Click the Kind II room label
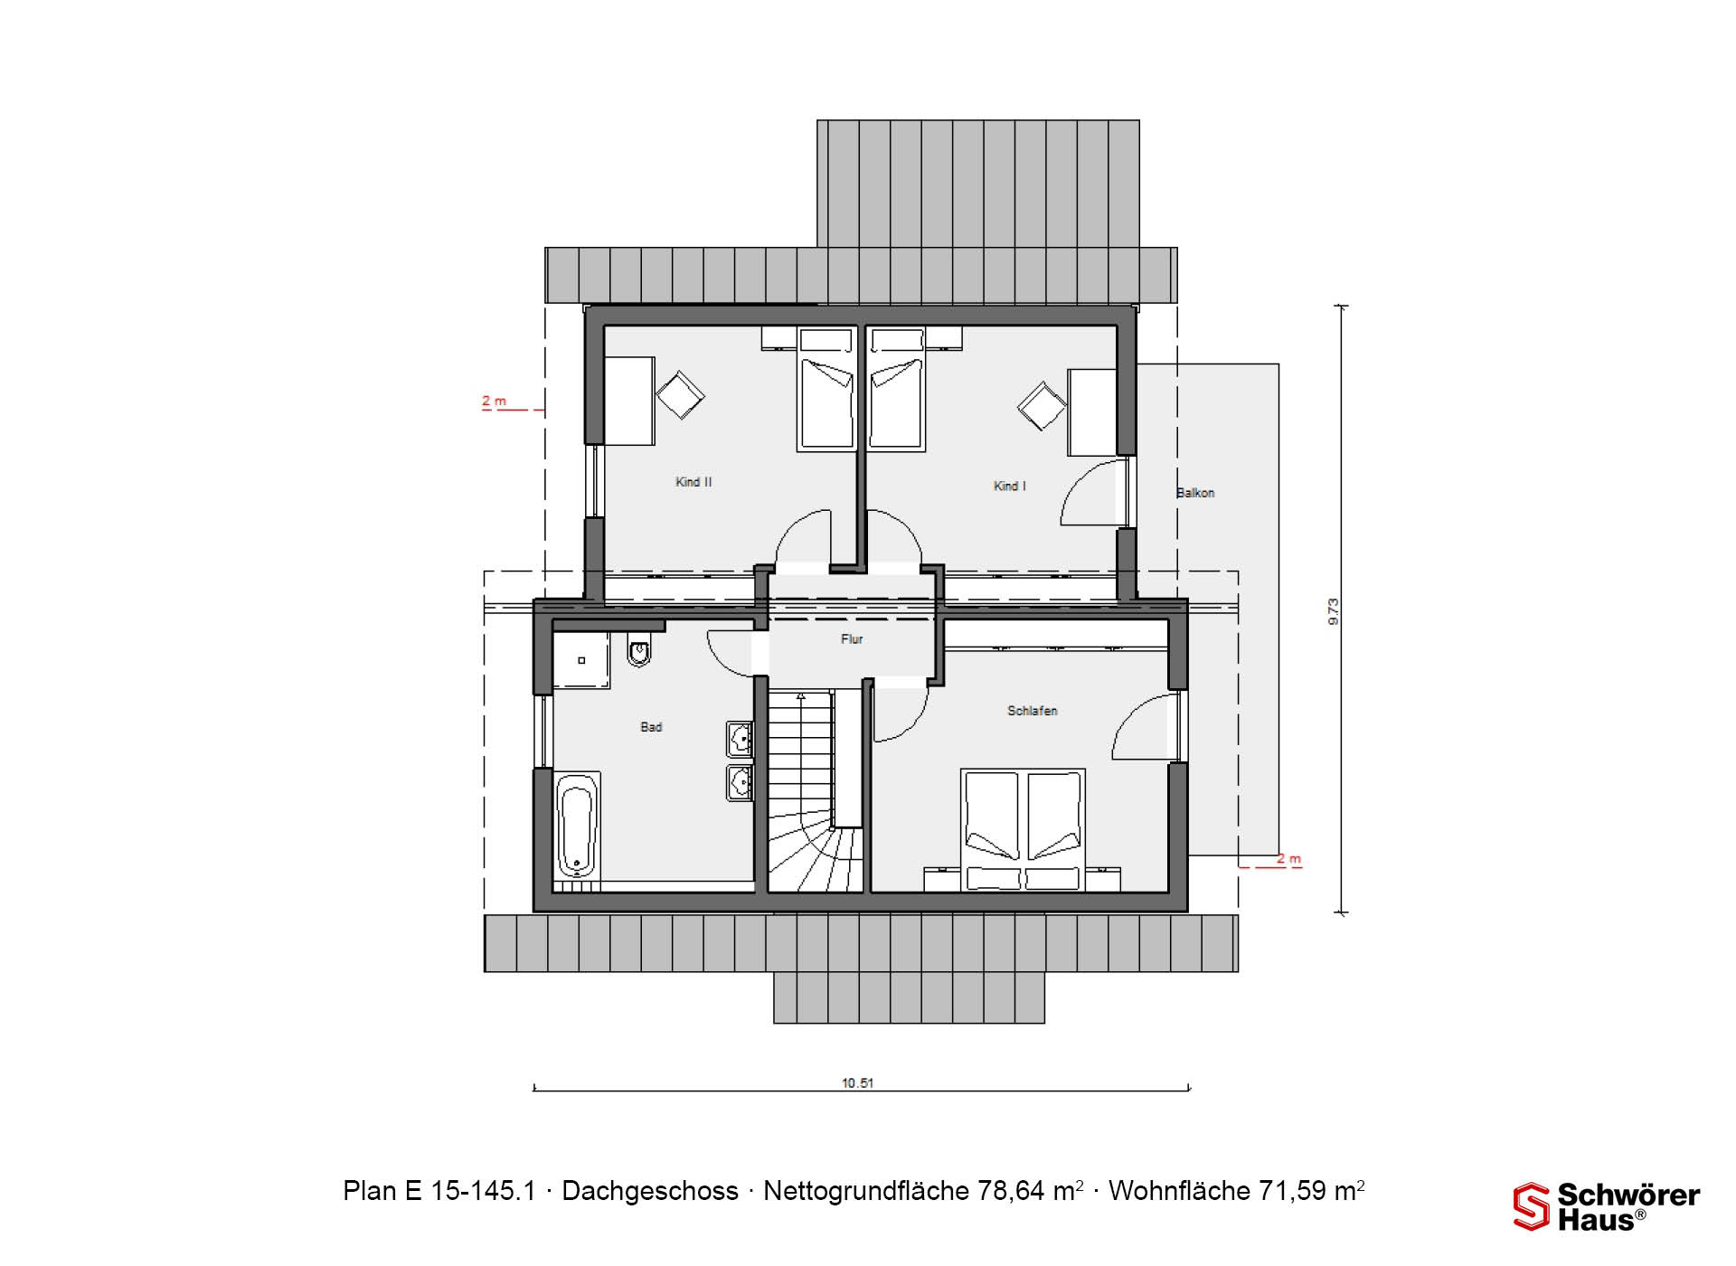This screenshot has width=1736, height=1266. tap(693, 482)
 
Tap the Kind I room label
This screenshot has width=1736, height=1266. tap(1010, 486)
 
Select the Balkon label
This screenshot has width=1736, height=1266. tap(1195, 493)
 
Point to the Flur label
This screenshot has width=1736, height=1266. tap(852, 638)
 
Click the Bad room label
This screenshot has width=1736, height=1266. tap(651, 726)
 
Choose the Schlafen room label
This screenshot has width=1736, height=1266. tap(1033, 711)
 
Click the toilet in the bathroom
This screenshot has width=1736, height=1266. tap(639, 649)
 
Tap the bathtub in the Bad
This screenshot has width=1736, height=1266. tap(577, 826)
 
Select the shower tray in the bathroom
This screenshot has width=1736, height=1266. tap(581, 660)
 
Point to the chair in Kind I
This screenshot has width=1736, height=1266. tap(1042, 405)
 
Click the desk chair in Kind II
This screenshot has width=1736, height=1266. tap(680, 395)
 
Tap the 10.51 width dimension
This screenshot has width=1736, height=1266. tap(857, 1082)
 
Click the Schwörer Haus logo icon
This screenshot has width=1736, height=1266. tap(1532, 1207)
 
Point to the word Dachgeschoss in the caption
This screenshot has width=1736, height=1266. tap(650, 1191)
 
